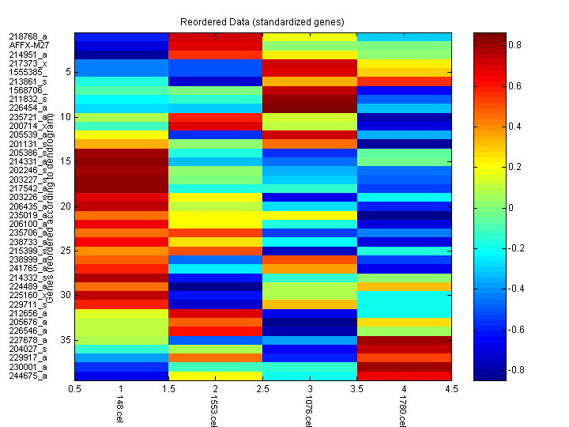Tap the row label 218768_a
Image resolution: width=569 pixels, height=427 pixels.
pos(28,36)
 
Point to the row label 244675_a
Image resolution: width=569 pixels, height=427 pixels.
pos(28,376)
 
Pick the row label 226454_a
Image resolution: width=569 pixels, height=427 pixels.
pos(28,108)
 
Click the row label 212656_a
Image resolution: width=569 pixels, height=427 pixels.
pos(28,313)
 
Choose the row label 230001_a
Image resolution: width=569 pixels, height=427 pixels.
pos(28,367)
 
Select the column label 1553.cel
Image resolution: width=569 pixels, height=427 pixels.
pos(213,411)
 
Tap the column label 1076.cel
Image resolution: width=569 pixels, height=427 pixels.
pos(308,411)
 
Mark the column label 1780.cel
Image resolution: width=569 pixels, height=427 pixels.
pos(403,411)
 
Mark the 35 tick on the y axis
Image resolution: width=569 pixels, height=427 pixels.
pos(66,339)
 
